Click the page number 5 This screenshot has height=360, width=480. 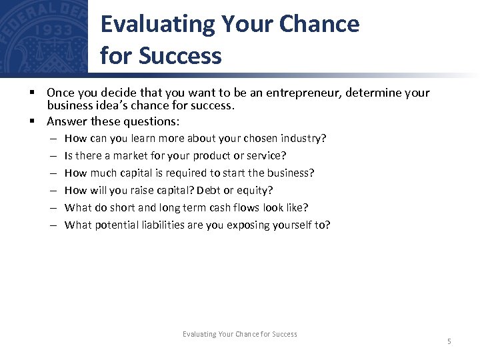449,342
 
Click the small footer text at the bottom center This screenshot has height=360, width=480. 239,334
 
